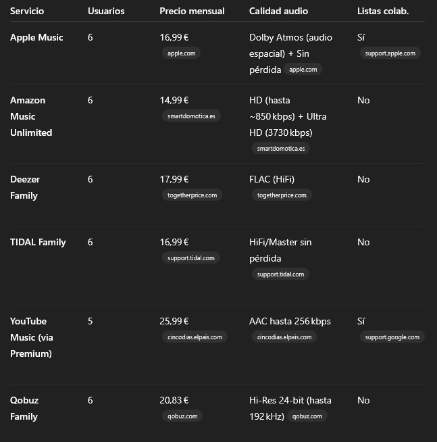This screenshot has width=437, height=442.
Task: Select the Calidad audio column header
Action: pyautogui.click(x=278, y=11)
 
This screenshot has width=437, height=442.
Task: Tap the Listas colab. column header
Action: pyautogui.click(x=382, y=11)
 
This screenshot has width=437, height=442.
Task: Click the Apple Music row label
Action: pyautogui.click(x=36, y=37)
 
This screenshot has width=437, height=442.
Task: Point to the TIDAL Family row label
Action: pyautogui.click(x=38, y=242)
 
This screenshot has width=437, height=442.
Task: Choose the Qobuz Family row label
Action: pyautogui.click(x=24, y=408)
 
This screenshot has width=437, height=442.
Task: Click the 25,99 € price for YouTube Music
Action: pyautogui.click(x=174, y=321)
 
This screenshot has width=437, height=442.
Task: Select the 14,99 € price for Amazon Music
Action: pyautogui.click(x=174, y=100)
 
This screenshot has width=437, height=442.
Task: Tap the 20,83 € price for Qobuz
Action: pyautogui.click(x=174, y=400)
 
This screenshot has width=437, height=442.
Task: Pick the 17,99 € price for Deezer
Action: pyautogui.click(x=174, y=179)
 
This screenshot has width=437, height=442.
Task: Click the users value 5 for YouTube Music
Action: pyautogui.click(x=91, y=321)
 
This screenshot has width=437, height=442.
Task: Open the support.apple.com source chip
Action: pyautogui.click(x=390, y=53)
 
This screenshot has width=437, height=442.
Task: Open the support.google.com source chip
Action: pyautogui.click(x=392, y=337)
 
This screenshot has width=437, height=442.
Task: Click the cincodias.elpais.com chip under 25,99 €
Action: pyautogui.click(x=195, y=337)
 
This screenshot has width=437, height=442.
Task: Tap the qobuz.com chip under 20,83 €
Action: pyautogui.click(x=182, y=416)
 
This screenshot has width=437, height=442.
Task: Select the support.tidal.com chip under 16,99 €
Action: pyautogui.click(x=190, y=257)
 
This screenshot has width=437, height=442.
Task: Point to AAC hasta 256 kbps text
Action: pyautogui.click(x=290, y=321)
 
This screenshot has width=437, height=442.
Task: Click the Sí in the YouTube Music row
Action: pyautogui.click(x=361, y=321)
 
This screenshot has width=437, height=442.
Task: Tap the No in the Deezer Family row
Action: pyautogui.click(x=363, y=179)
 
